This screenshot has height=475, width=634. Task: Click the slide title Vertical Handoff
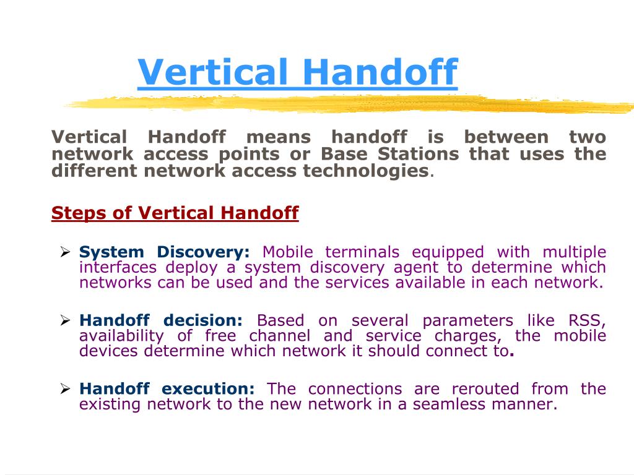[x=297, y=72]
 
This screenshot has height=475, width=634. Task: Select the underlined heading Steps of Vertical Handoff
[x=175, y=213]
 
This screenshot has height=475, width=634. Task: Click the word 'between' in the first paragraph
[x=506, y=137]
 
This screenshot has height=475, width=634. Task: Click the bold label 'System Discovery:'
[x=165, y=252]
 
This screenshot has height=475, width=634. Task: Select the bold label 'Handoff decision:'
[x=162, y=320]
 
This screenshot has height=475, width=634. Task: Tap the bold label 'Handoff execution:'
[x=167, y=389]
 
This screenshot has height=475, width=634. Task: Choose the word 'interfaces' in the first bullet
[x=117, y=268]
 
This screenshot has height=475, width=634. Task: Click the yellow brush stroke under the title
[x=347, y=103]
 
